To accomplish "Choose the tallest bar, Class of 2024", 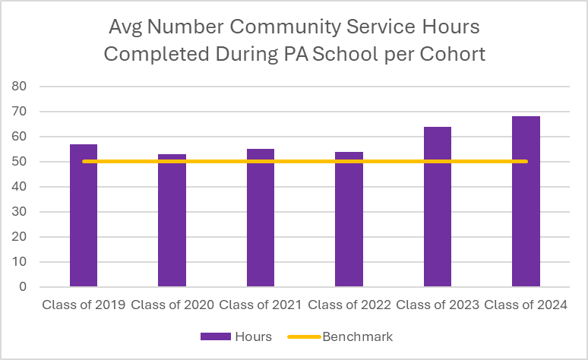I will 526,202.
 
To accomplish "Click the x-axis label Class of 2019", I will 84,305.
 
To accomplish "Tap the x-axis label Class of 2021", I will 261,305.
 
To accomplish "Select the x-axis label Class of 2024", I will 526,305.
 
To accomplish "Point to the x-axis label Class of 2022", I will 349,305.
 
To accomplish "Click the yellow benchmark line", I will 304,161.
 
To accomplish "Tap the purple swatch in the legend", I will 217,336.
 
